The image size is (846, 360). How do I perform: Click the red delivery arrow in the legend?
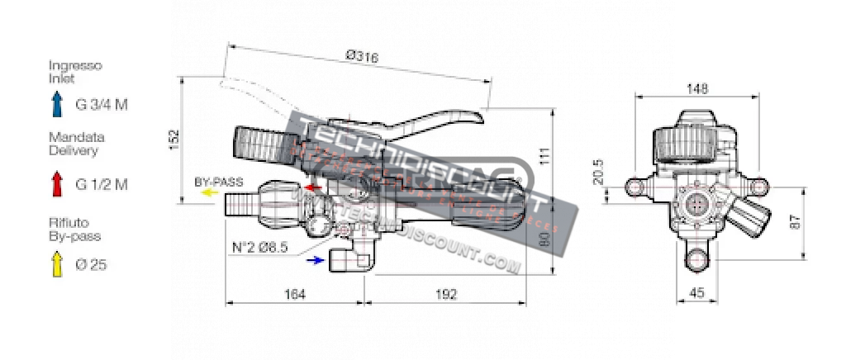[56, 183]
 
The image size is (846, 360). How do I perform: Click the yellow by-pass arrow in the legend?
[56, 263]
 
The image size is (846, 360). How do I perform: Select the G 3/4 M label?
[102, 105]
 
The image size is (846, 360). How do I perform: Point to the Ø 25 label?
[92, 265]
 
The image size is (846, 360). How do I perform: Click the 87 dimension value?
[796, 222]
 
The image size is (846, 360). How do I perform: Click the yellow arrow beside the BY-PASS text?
[210, 192]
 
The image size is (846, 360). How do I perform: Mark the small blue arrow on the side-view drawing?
[314, 260]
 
